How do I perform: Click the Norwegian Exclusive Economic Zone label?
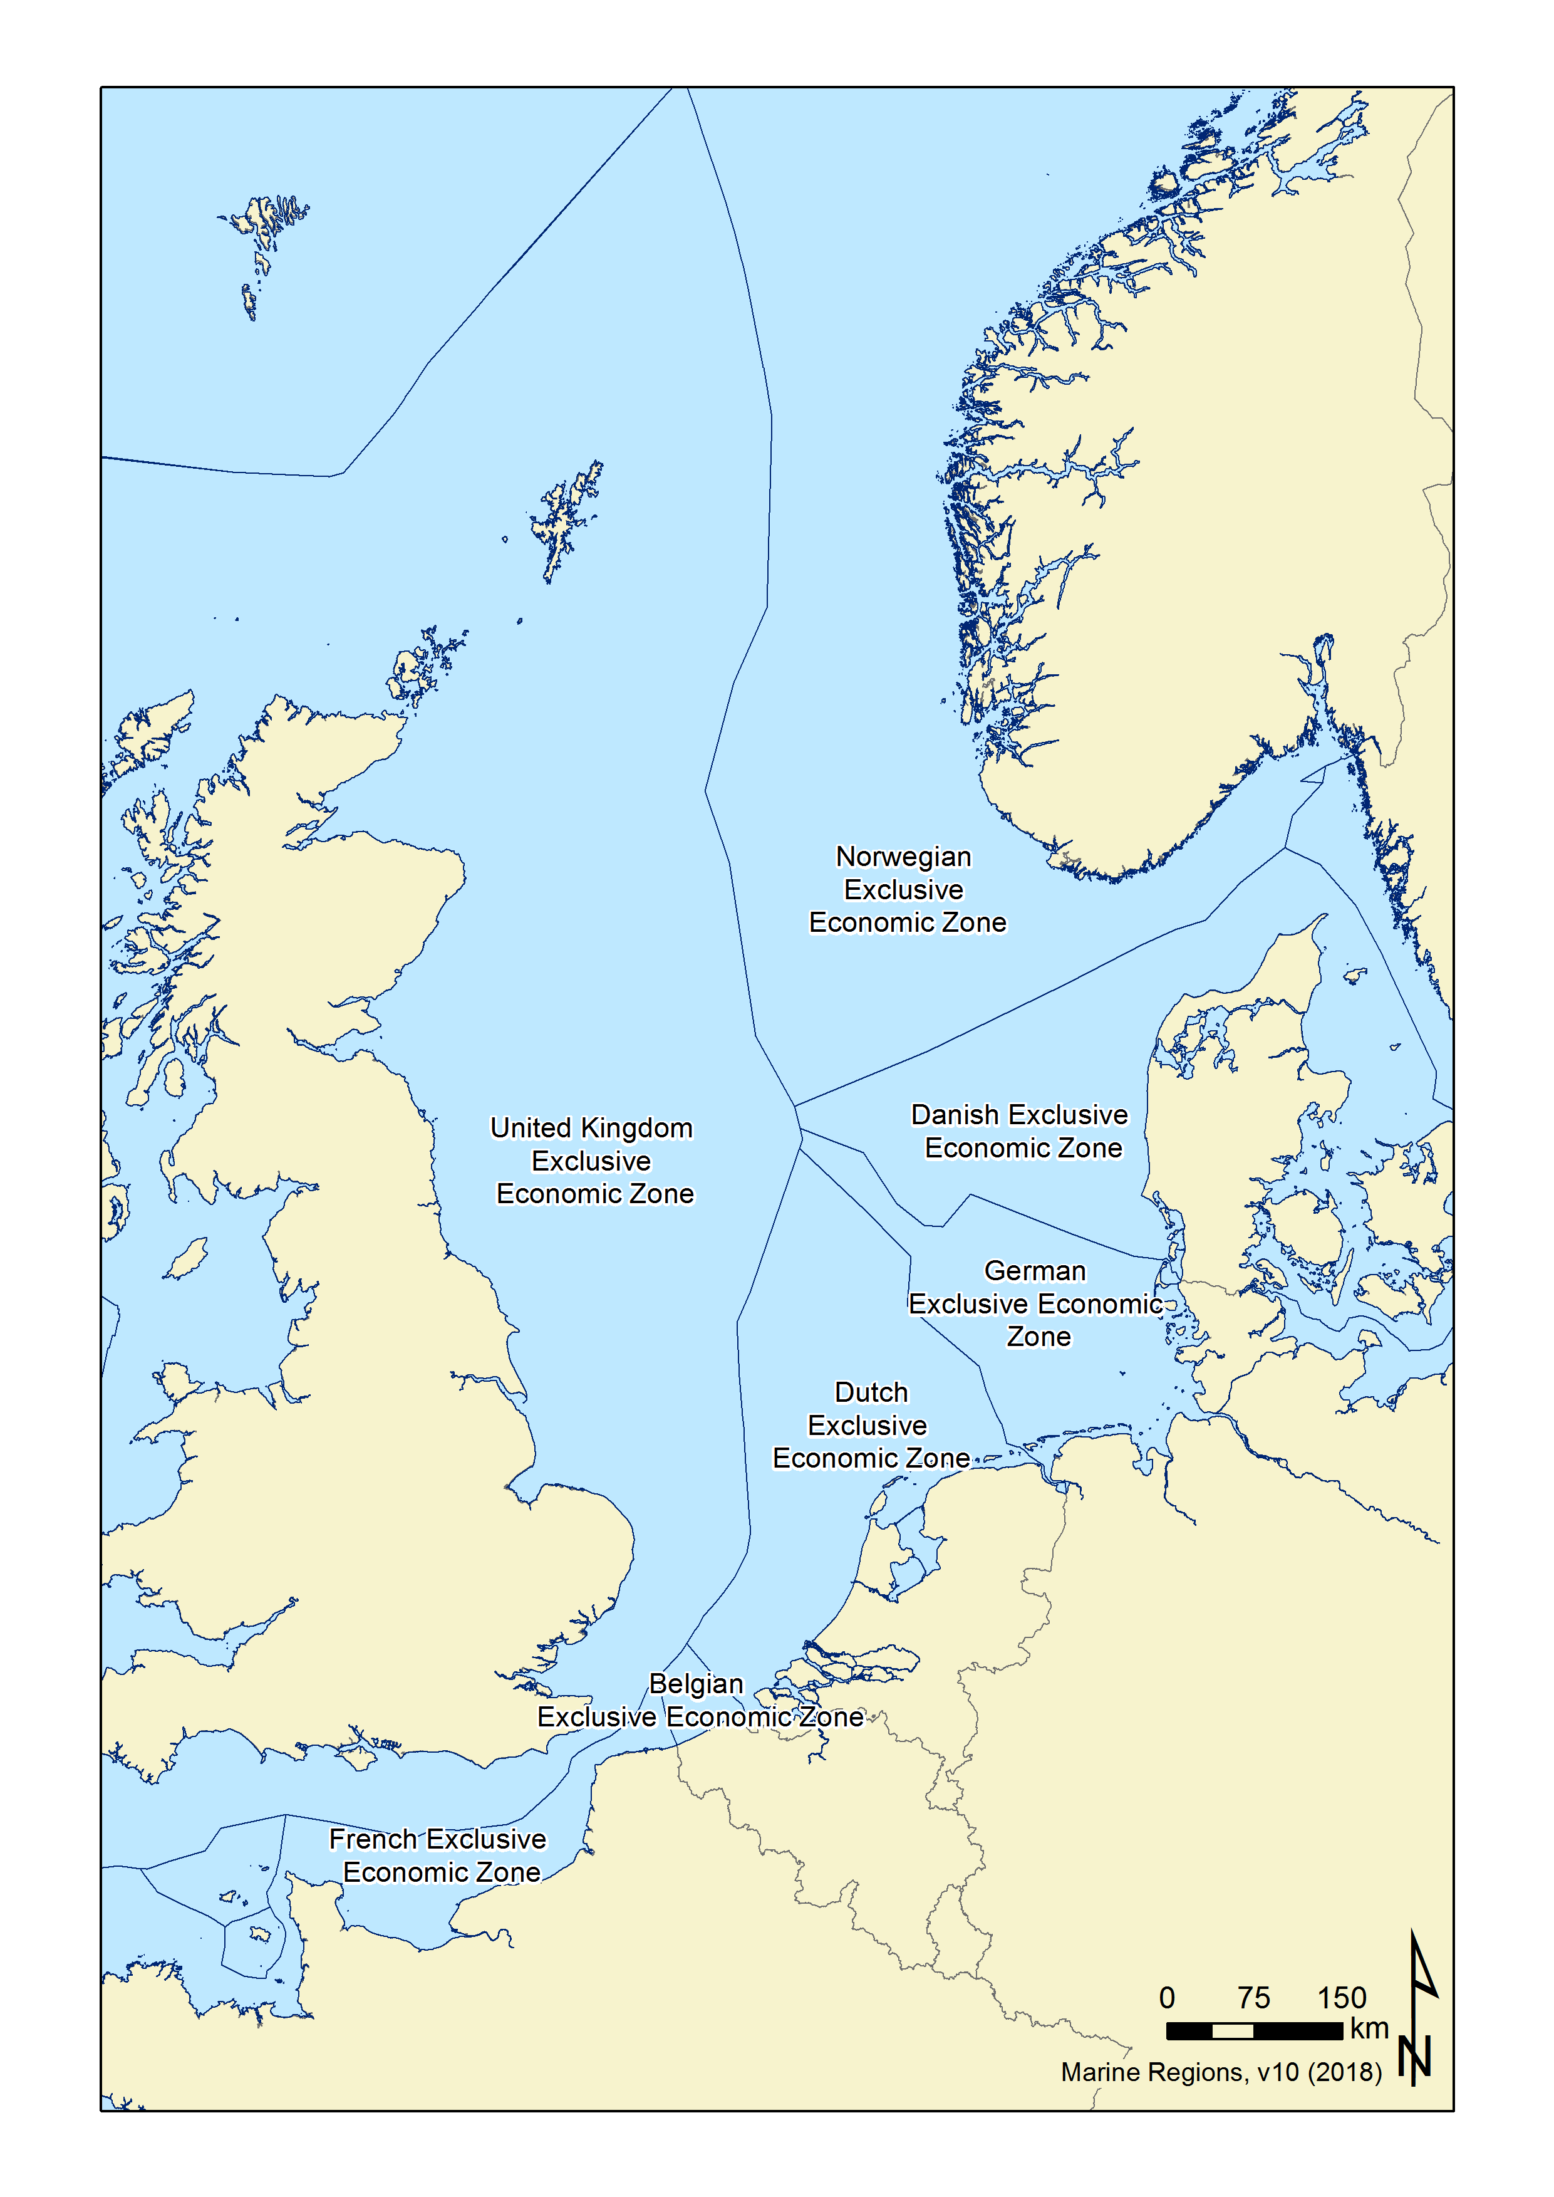pos(906,889)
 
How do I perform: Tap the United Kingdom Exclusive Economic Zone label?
pos(593,1161)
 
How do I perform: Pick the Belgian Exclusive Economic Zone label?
pos(698,1700)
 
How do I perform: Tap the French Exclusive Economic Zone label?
pos(438,1855)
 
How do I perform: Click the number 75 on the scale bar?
pos(1253,1997)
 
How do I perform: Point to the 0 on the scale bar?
pos(1166,1997)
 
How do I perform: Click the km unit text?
pos(1369,2028)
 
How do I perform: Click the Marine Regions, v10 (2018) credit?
pos(1221,2072)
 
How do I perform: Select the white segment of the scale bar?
pos(1233,2030)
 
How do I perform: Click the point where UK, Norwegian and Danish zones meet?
pos(794,1105)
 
